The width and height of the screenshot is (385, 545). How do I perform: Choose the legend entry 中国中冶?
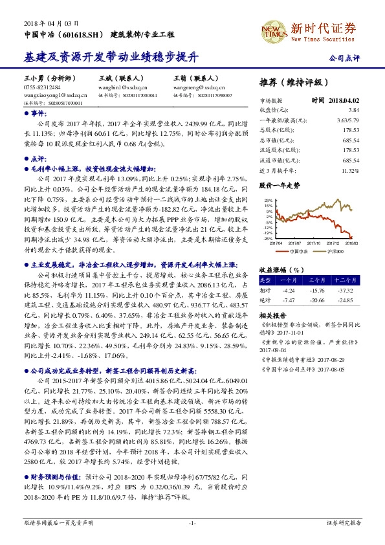tap(298, 250)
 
